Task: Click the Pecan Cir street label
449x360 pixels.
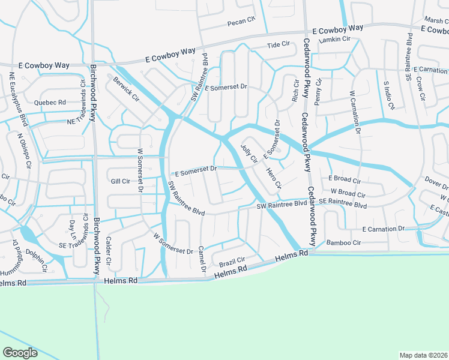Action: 241,23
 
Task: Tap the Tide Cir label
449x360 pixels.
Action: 278,45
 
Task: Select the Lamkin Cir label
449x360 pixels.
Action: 335,40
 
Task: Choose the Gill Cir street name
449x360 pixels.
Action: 120,181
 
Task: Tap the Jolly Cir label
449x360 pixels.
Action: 249,152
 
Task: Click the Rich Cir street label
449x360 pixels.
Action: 295,91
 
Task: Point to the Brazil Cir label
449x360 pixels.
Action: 232,262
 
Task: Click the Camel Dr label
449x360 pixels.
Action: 202,256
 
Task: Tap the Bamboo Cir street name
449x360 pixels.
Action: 343,242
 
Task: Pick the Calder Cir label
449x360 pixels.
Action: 109,250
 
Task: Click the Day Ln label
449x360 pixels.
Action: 73,230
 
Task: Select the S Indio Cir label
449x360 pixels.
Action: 388,95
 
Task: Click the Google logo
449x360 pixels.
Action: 20,352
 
